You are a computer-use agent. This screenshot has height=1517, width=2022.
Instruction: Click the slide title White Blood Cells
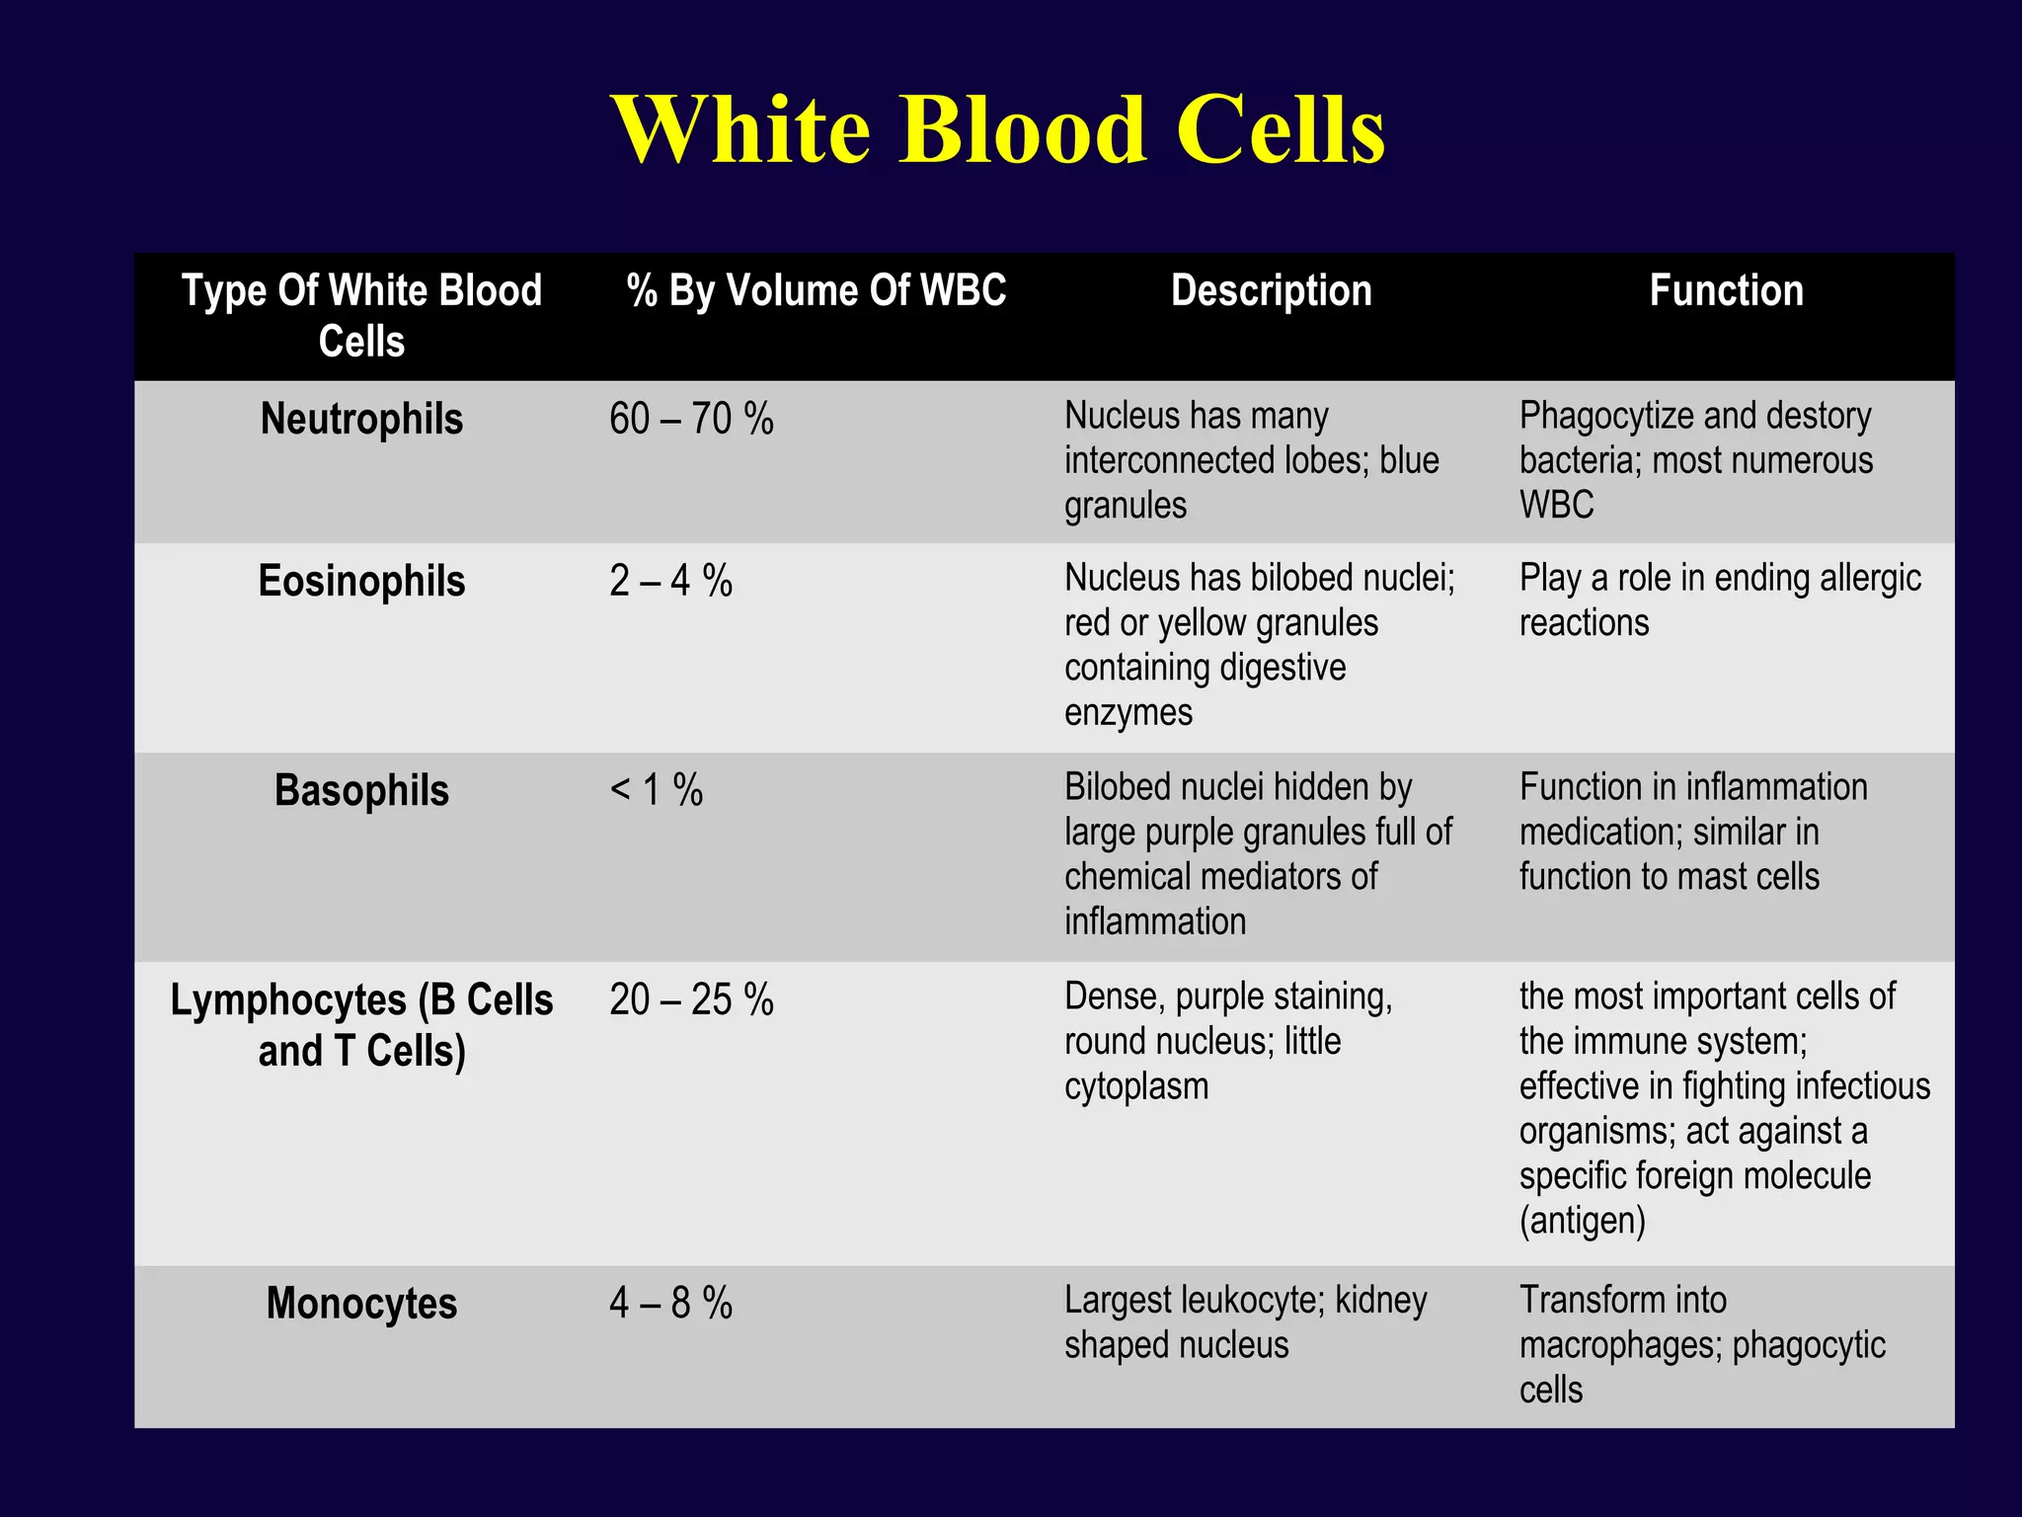[x=998, y=130]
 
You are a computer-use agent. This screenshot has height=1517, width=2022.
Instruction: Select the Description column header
[x=1271, y=291]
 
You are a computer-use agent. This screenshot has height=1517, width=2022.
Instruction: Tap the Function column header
[x=1726, y=291]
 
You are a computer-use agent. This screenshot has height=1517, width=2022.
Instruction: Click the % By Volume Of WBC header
[x=817, y=291]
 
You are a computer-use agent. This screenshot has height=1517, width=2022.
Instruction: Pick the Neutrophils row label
[x=361, y=420]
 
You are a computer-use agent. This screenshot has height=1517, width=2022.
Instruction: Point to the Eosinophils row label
[x=361, y=582]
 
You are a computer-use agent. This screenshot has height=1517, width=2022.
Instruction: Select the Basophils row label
[x=361, y=791]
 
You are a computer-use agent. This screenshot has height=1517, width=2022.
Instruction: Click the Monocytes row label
[x=361, y=1304]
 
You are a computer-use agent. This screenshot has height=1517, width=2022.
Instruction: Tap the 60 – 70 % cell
[x=691, y=420]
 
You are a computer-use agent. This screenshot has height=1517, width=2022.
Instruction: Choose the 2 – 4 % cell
[x=670, y=582]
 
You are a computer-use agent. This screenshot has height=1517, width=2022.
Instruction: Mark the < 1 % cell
[x=657, y=791]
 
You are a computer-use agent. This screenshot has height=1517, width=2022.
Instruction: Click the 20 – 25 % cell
[x=691, y=1000]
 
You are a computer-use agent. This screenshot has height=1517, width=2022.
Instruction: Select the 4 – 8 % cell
[x=670, y=1304]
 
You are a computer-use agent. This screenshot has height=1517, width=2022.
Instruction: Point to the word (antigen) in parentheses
[x=1582, y=1222]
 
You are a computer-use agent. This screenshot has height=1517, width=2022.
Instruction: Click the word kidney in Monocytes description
[x=1380, y=1302]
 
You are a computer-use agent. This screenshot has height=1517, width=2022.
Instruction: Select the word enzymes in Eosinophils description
[x=1128, y=713]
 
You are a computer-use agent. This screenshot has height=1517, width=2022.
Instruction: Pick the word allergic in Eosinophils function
[x=1869, y=579]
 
